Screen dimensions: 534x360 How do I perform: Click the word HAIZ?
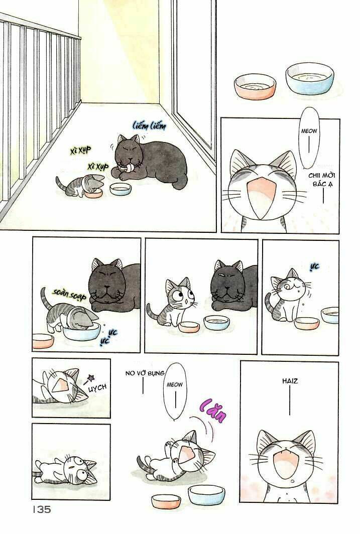pyautogui.click(x=290, y=381)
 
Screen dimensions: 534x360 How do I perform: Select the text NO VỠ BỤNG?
pyautogui.click(x=143, y=373)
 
